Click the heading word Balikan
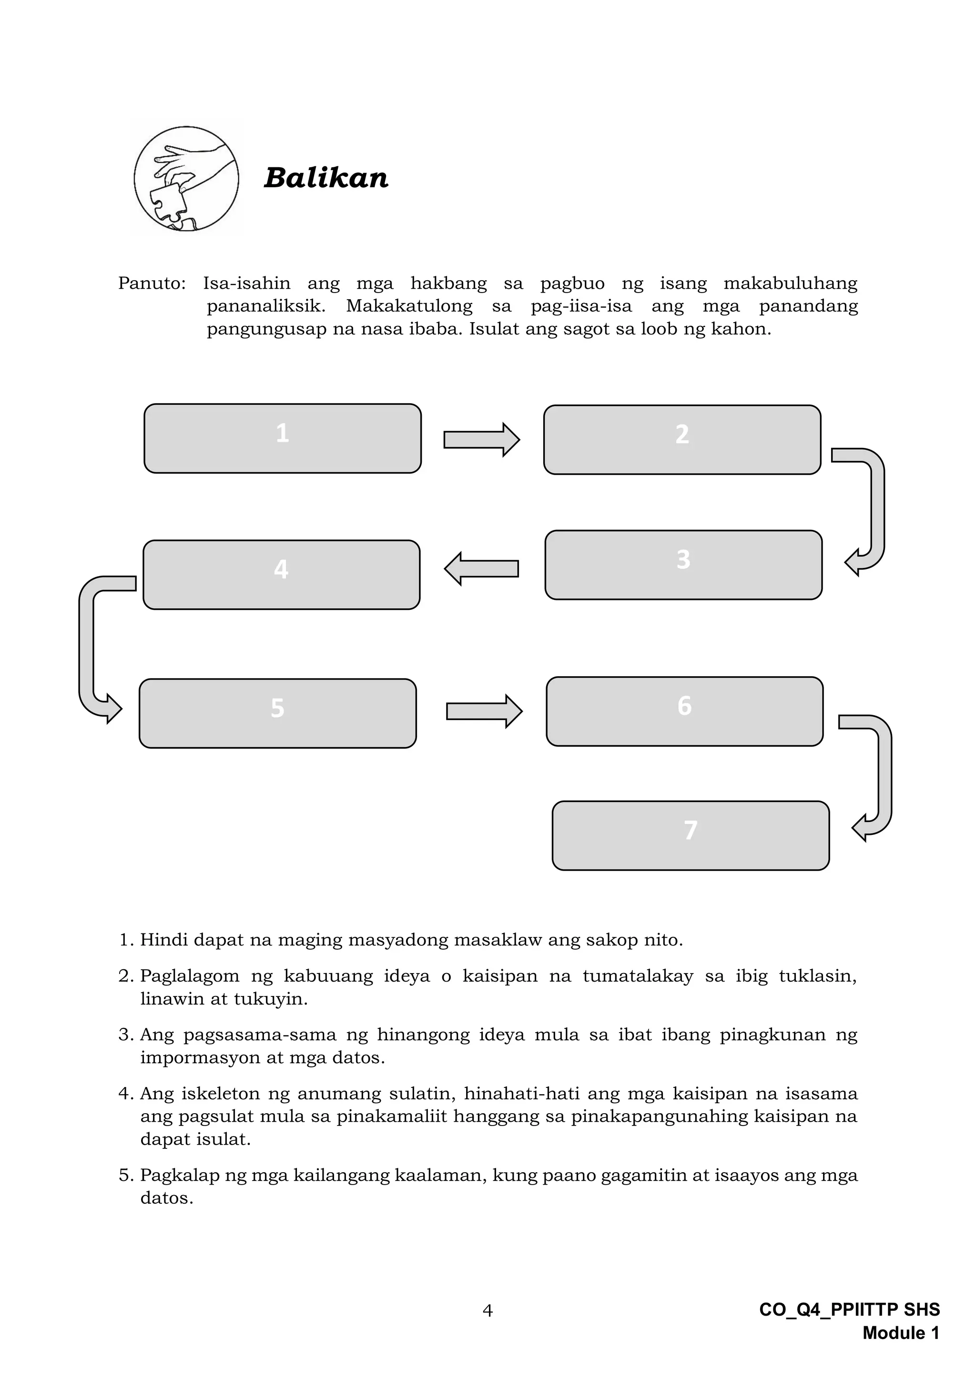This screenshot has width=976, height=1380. (326, 178)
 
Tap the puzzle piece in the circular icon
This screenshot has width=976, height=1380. (168, 203)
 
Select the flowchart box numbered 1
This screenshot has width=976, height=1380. (283, 438)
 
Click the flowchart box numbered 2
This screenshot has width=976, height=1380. (682, 439)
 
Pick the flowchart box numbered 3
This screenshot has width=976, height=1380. (683, 564)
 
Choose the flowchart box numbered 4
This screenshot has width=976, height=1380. (281, 575)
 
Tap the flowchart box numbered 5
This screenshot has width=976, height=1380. (278, 713)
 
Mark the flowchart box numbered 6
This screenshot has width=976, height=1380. (684, 711)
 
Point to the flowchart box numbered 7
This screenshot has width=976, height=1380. (691, 835)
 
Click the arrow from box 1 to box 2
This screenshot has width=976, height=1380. (481, 440)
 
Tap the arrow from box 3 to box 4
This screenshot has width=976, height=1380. (481, 568)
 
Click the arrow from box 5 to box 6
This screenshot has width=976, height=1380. (484, 711)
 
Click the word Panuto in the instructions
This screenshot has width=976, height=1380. (152, 283)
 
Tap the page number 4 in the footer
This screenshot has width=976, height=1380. (488, 1310)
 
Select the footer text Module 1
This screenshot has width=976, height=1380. (900, 1333)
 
